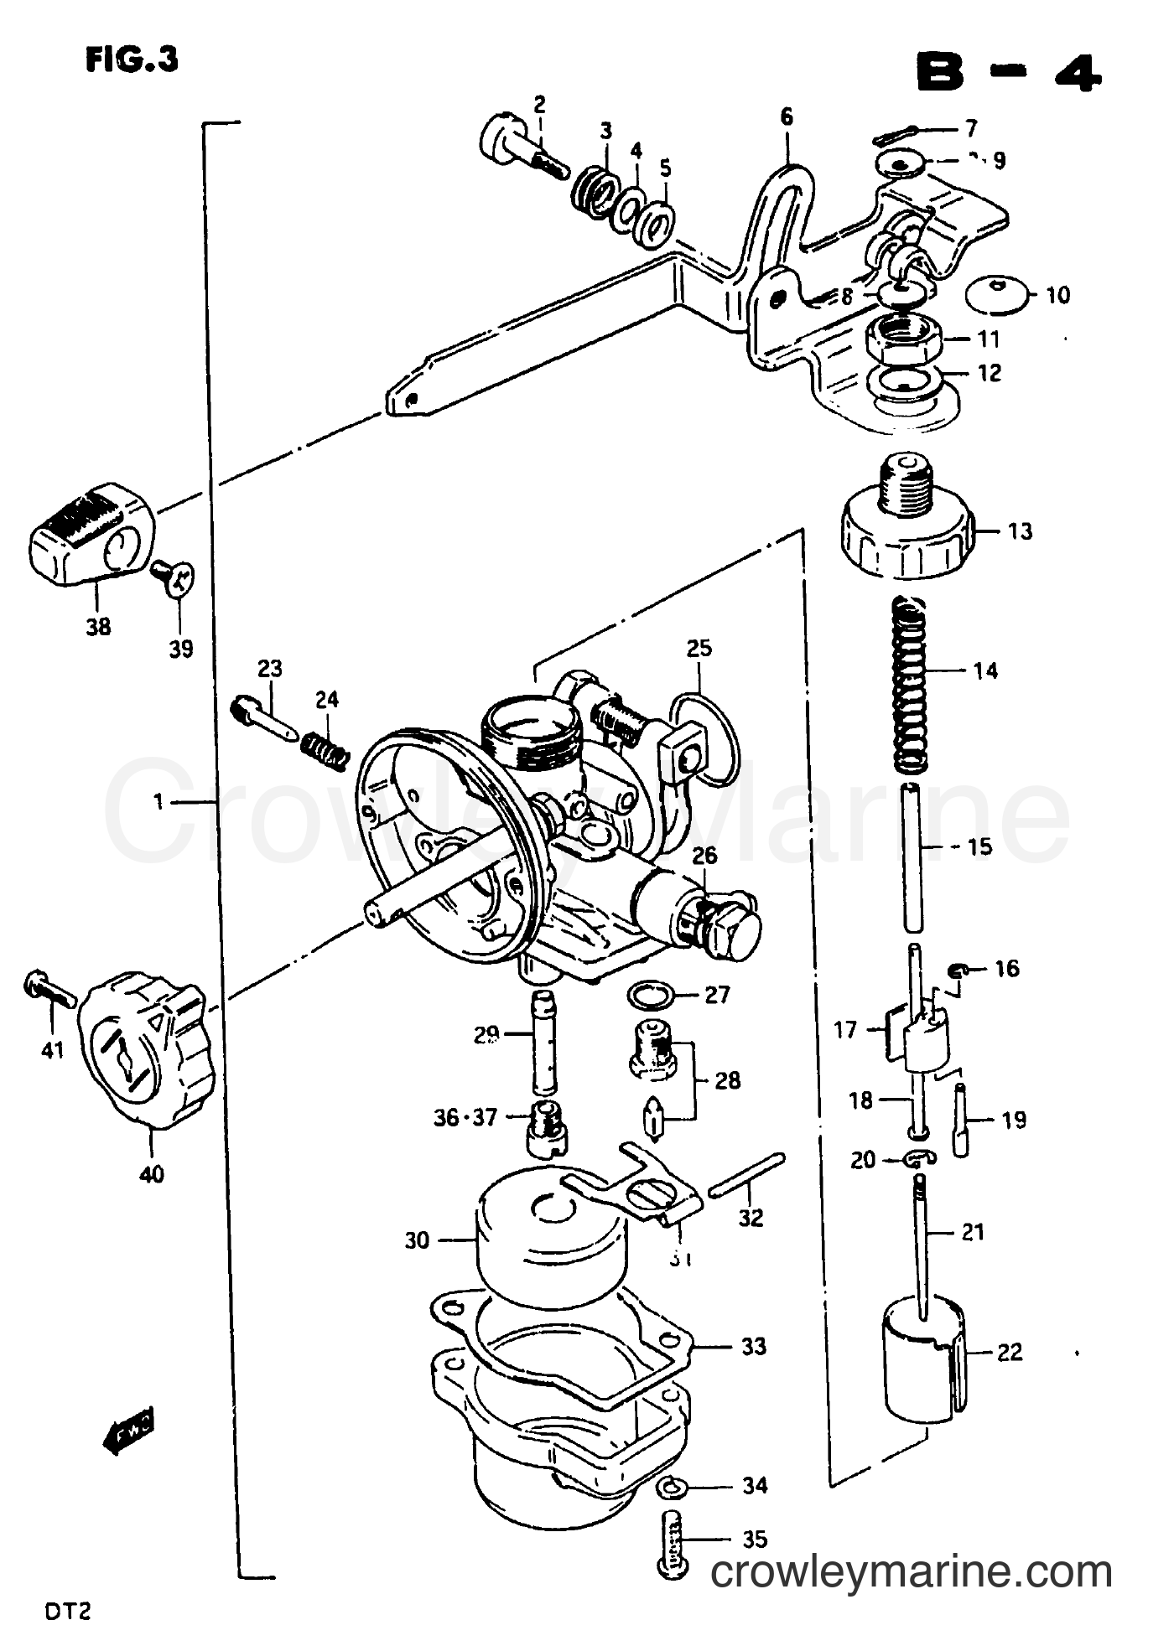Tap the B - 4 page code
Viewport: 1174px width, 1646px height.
[1006, 74]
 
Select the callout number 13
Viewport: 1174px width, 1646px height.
[1020, 531]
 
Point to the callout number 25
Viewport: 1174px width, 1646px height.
[699, 648]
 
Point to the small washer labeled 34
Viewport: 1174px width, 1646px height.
[672, 1487]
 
